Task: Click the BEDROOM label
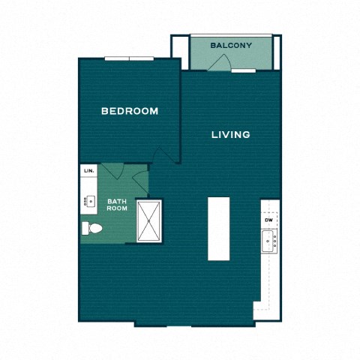click(130, 111)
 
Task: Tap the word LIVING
click(230, 135)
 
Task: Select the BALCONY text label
click(230, 46)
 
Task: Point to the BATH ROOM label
click(116, 205)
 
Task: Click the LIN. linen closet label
click(88, 171)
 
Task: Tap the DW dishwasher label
click(268, 220)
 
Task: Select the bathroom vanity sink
click(88, 201)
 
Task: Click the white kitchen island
click(218, 228)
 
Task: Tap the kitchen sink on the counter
click(268, 241)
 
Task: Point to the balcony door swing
click(217, 63)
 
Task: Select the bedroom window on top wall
click(129, 58)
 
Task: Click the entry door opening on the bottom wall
click(163, 325)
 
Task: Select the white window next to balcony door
click(243, 70)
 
